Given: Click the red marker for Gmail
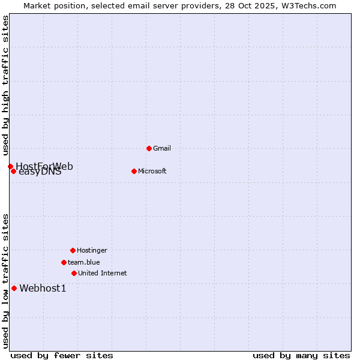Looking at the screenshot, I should [149, 148].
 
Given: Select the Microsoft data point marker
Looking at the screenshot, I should [134, 171].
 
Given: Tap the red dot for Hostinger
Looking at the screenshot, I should [73, 250].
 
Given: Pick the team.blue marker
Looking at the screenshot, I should [64, 262].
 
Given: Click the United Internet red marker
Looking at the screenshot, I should [74, 273].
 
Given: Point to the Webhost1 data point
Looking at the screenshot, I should [14, 288].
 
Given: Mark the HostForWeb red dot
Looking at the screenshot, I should [10, 166].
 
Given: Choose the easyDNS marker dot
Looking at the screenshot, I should [13, 171].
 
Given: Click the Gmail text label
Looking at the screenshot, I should [162, 148].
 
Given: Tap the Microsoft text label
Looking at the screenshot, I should [152, 171].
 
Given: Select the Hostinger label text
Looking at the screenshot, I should [92, 250].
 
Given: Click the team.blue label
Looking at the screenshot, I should [83, 262].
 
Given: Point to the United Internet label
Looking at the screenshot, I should [102, 273].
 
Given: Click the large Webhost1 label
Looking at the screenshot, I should [43, 289].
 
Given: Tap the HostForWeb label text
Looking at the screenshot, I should [44, 166].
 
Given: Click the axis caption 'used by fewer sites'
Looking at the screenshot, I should [62, 355].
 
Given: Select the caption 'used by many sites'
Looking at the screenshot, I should [301, 355].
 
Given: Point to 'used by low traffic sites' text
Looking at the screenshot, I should [5, 280].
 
